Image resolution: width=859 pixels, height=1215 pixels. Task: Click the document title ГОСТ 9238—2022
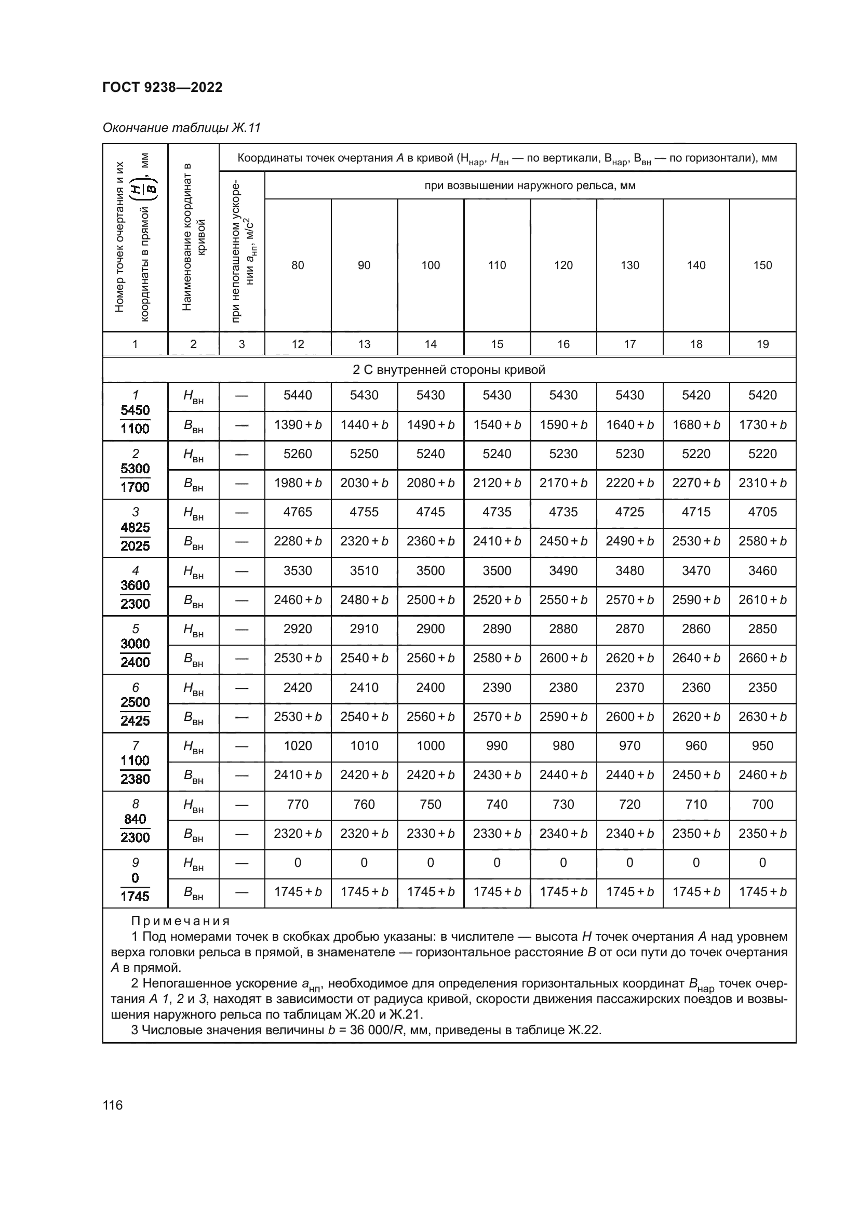click(x=163, y=87)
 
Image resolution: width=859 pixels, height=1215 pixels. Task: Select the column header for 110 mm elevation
click(x=496, y=265)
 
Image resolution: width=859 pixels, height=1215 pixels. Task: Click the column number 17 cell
click(x=629, y=344)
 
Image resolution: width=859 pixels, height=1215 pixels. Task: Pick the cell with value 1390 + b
click(x=298, y=425)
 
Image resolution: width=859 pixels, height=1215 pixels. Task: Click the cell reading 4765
click(x=298, y=512)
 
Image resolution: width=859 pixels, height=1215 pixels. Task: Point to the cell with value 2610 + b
click(x=762, y=599)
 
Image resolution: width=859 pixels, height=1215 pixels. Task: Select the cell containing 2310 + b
click(x=762, y=483)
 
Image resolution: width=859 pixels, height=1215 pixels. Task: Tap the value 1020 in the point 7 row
click(x=298, y=745)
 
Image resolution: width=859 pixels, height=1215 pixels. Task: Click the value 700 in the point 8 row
click(x=762, y=804)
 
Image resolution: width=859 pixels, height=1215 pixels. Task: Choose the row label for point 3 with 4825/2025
click(x=135, y=529)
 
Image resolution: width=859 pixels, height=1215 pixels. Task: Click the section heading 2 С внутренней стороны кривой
click(x=449, y=370)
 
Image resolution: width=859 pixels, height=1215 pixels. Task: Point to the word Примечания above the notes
click(x=180, y=922)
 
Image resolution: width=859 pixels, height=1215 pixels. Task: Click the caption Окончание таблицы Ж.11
click(x=181, y=128)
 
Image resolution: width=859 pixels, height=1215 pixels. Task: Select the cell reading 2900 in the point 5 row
click(x=431, y=629)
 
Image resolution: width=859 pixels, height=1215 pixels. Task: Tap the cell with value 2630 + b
click(x=762, y=716)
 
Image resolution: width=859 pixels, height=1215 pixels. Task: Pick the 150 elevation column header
click(x=762, y=265)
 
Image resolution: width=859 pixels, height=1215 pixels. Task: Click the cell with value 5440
click(x=298, y=395)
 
